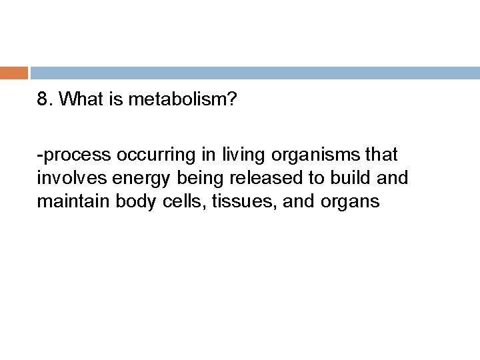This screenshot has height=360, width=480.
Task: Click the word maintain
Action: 66,200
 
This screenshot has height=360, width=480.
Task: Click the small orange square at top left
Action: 13,72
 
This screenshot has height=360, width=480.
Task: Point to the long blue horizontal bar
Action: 254,72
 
